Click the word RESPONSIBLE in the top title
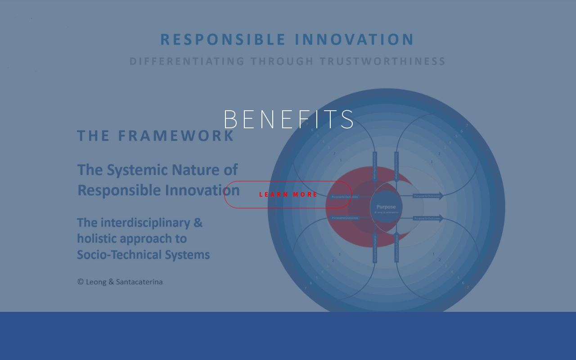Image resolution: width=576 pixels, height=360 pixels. point(223,40)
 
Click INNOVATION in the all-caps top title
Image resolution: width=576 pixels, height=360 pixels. point(354,40)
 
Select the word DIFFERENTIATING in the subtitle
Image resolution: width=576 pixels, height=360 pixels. point(187,61)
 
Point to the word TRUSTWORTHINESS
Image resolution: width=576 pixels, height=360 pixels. point(382,61)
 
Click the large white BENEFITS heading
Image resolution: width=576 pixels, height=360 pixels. point(288,119)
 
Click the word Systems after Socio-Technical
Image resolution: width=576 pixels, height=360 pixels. point(189,255)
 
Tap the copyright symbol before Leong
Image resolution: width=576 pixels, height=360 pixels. point(81,282)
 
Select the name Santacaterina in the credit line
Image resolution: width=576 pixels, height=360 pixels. point(139,282)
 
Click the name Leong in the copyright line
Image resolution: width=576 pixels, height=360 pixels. point(96,282)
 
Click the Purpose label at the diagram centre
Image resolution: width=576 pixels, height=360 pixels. point(386,207)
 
